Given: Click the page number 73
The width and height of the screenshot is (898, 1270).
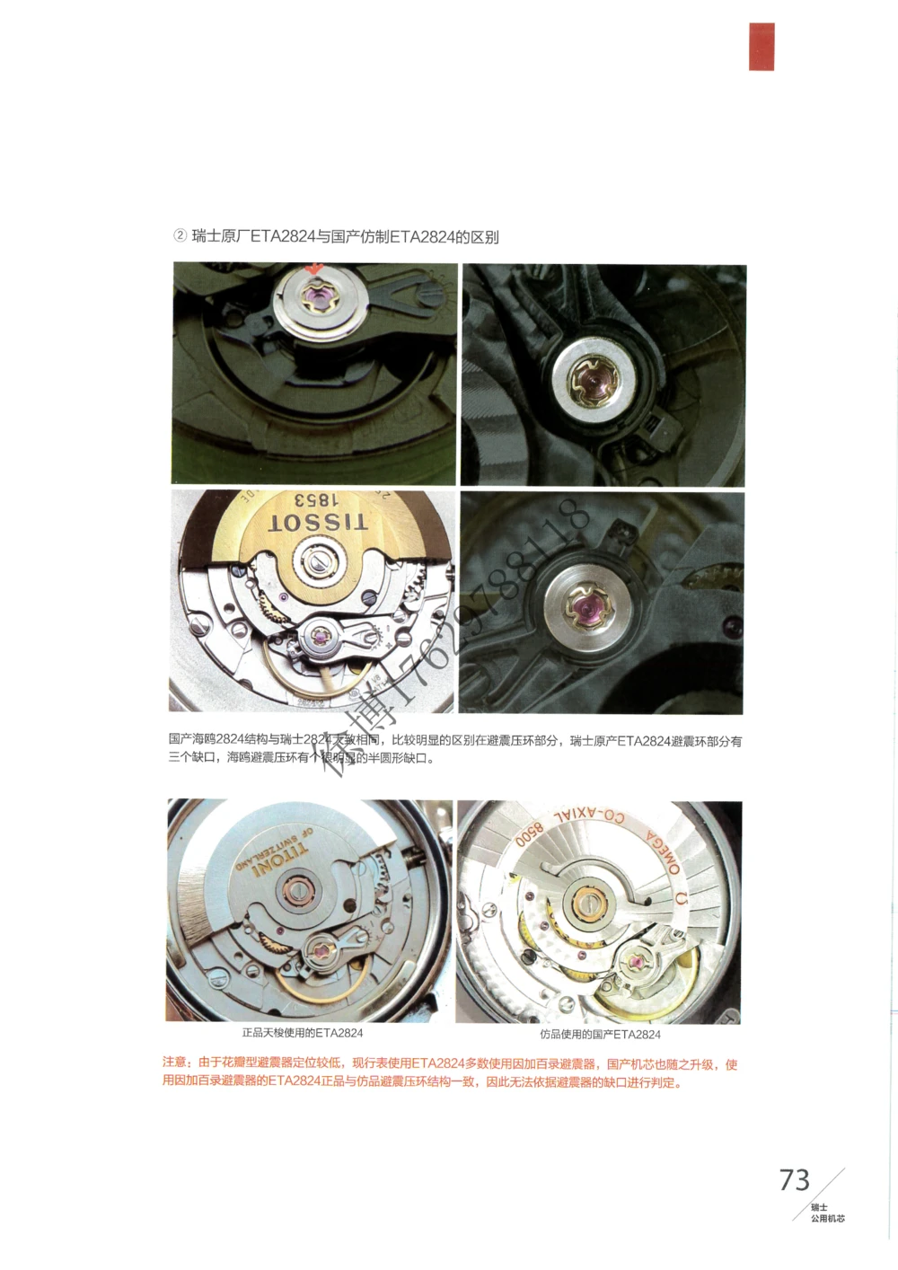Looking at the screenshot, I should click(795, 1179).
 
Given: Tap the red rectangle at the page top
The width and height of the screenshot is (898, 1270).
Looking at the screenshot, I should click(762, 47).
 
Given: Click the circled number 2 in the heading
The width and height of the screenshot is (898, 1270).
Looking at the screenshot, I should click(180, 236).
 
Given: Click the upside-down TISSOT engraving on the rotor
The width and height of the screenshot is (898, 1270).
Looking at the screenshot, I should click(318, 524).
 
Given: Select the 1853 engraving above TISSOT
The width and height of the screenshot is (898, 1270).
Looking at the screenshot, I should click(317, 501).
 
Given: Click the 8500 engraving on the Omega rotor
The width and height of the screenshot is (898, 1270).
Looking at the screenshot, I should click(529, 834).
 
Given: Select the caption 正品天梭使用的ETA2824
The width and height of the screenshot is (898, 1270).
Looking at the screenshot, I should click(302, 1033).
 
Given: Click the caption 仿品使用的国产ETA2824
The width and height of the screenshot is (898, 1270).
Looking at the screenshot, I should click(600, 1034).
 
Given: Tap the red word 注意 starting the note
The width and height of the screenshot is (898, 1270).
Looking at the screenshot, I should click(174, 1063).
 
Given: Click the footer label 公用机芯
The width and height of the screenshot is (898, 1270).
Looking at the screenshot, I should click(827, 1219).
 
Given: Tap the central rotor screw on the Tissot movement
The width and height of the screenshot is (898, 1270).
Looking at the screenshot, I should click(317, 563).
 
